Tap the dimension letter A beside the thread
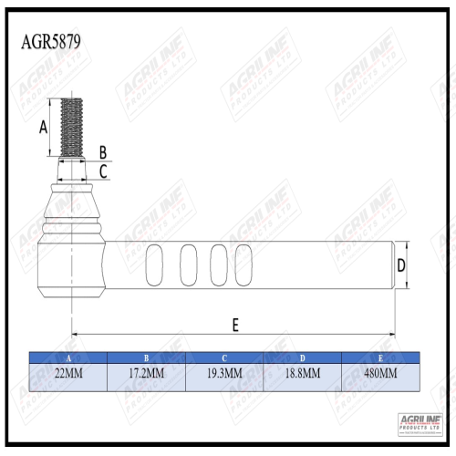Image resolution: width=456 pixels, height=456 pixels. [x=43, y=128]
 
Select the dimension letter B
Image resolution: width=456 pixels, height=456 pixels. [x=103, y=151]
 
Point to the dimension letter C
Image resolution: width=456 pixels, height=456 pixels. [x=103, y=170]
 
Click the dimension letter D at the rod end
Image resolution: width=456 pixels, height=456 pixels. [x=400, y=266]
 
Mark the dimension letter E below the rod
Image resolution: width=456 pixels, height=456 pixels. [x=235, y=324]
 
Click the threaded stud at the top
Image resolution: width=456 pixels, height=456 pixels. [x=72, y=128]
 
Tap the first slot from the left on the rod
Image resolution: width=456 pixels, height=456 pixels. [x=155, y=266]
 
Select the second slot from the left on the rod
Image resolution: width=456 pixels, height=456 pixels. [x=189, y=266]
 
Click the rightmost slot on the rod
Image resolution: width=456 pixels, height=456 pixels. [x=244, y=266]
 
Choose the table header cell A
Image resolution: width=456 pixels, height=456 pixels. [x=68, y=358]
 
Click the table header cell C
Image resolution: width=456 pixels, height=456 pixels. [x=223, y=358]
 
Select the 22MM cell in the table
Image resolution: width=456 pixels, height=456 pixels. [x=68, y=374]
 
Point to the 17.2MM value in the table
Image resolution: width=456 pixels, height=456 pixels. [x=146, y=374]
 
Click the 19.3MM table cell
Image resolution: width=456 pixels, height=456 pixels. [x=223, y=374]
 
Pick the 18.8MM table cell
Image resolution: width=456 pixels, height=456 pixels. [x=302, y=374]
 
